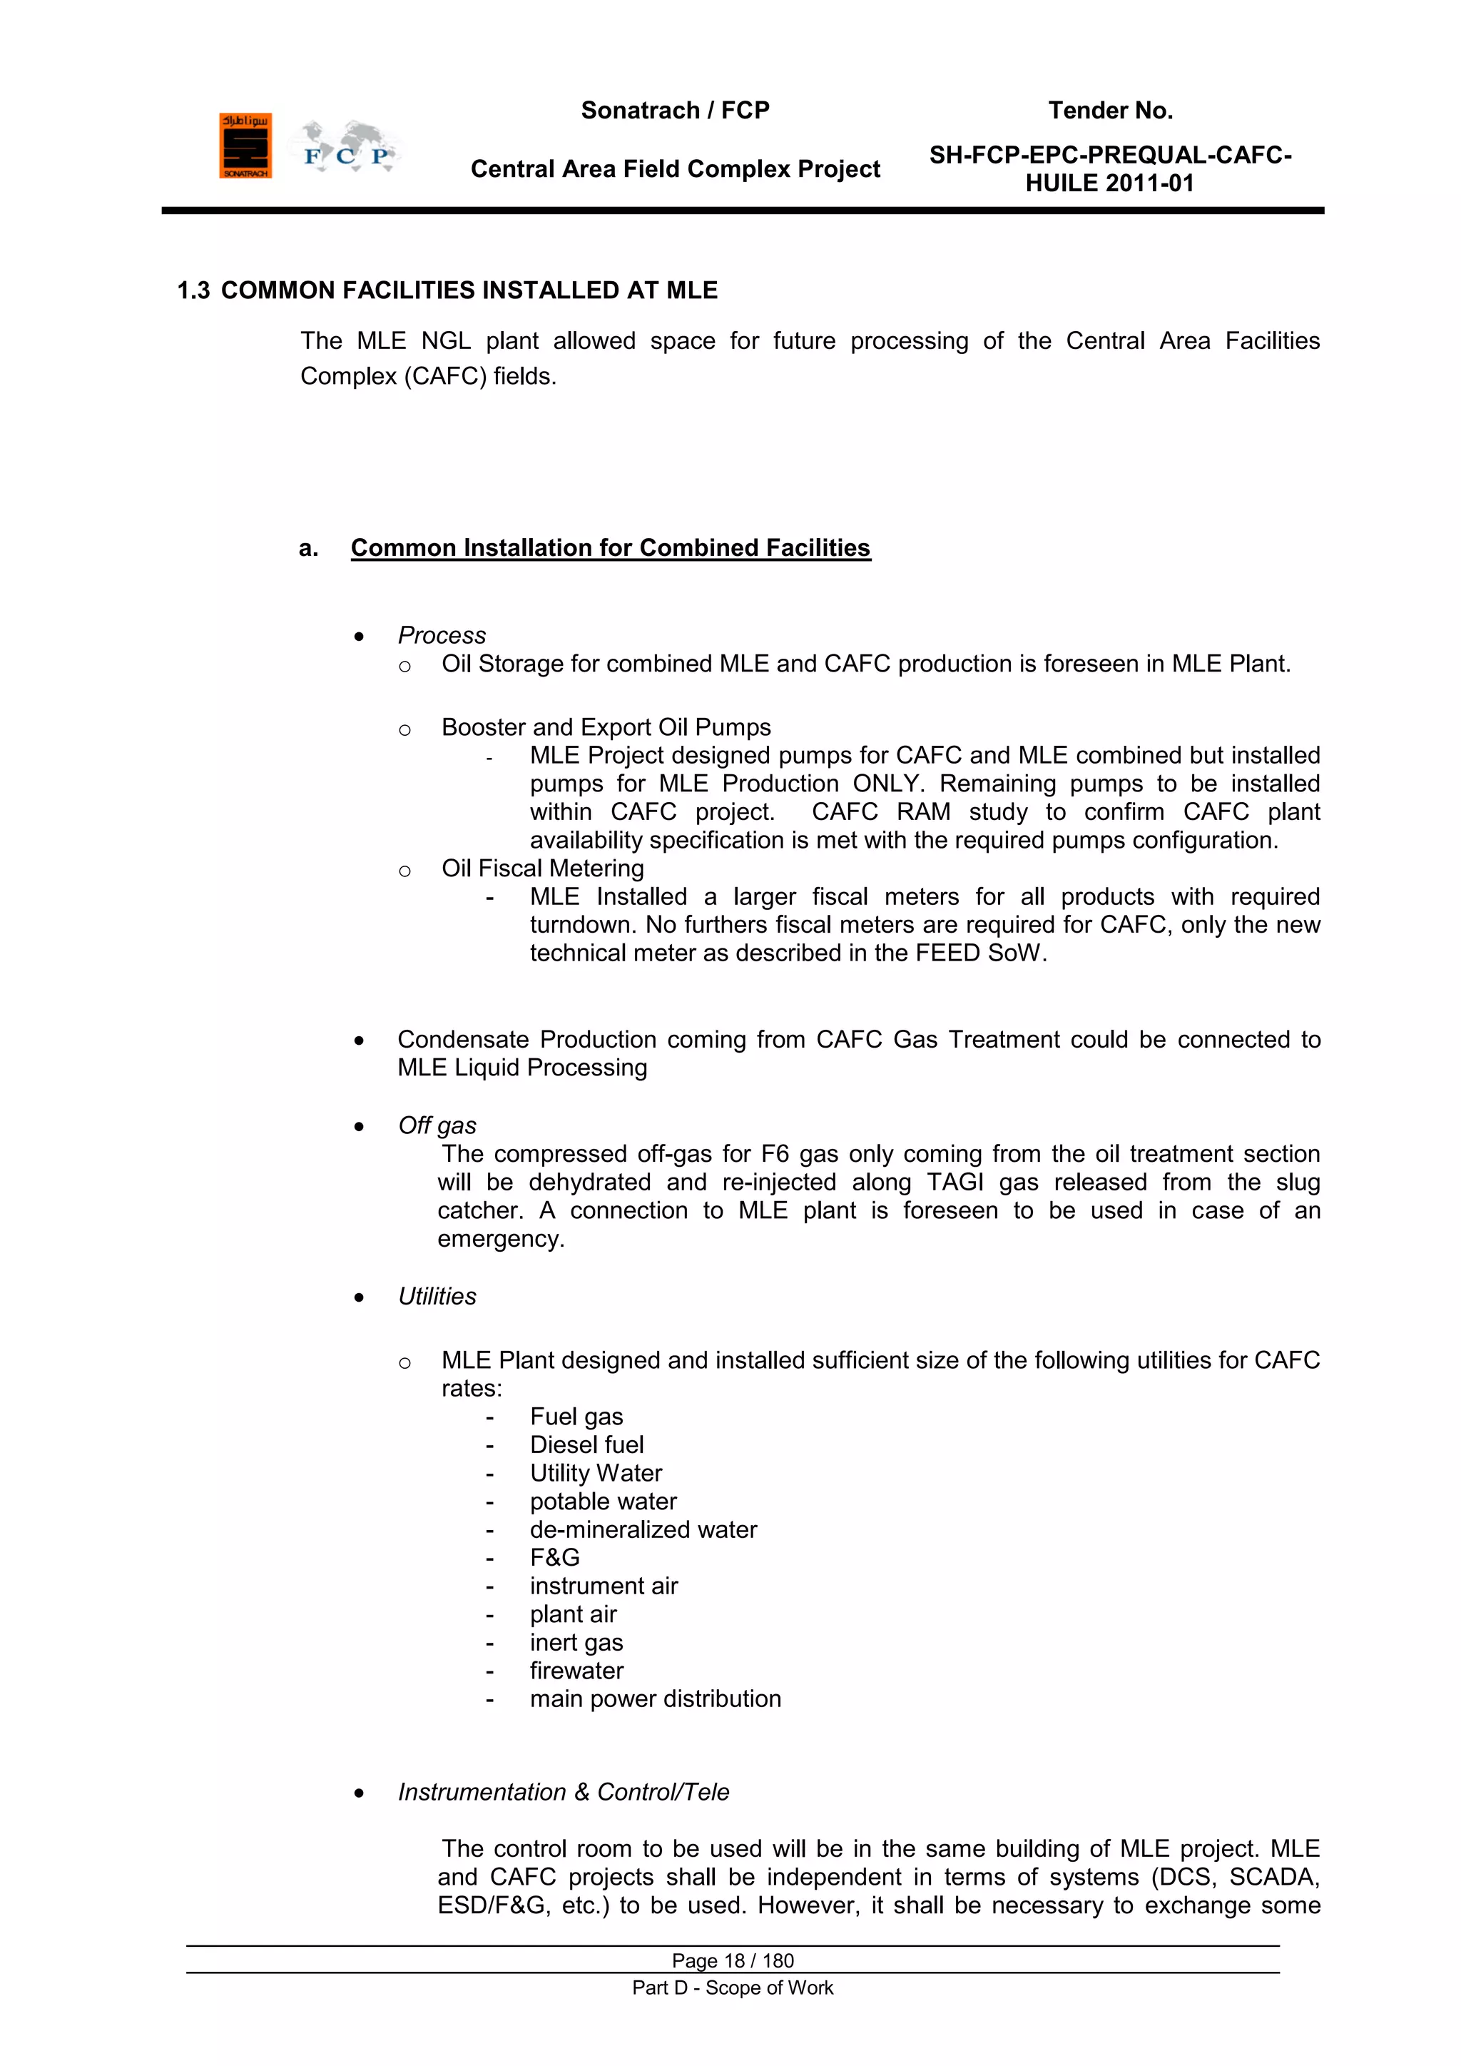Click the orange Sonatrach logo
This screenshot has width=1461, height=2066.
(x=245, y=146)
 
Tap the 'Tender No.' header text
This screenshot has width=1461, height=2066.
(x=1109, y=111)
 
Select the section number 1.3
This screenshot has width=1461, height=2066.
(x=193, y=290)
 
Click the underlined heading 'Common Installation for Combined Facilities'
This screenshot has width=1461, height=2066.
(x=610, y=548)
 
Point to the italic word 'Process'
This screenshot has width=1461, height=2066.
(x=442, y=635)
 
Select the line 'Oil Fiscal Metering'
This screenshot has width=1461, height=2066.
(x=542, y=869)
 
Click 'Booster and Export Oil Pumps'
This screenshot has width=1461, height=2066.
(x=606, y=727)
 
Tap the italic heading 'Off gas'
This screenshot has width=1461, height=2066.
(x=437, y=1125)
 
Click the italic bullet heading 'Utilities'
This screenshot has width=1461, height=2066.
(x=437, y=1297)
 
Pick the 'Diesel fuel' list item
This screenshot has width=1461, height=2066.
(x=586, y=1445)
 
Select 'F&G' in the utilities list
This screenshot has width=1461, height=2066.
(x=554, y=1558)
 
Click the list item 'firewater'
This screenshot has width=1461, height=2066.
(x=576, y=1671)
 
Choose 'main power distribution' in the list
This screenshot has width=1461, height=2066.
(x=655, y=1699)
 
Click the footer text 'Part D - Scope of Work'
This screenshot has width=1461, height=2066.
(x=733, y=1987)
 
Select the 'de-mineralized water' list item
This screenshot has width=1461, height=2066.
(x=643, y=1530)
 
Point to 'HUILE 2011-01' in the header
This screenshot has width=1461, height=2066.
(x=1109, y=183)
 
